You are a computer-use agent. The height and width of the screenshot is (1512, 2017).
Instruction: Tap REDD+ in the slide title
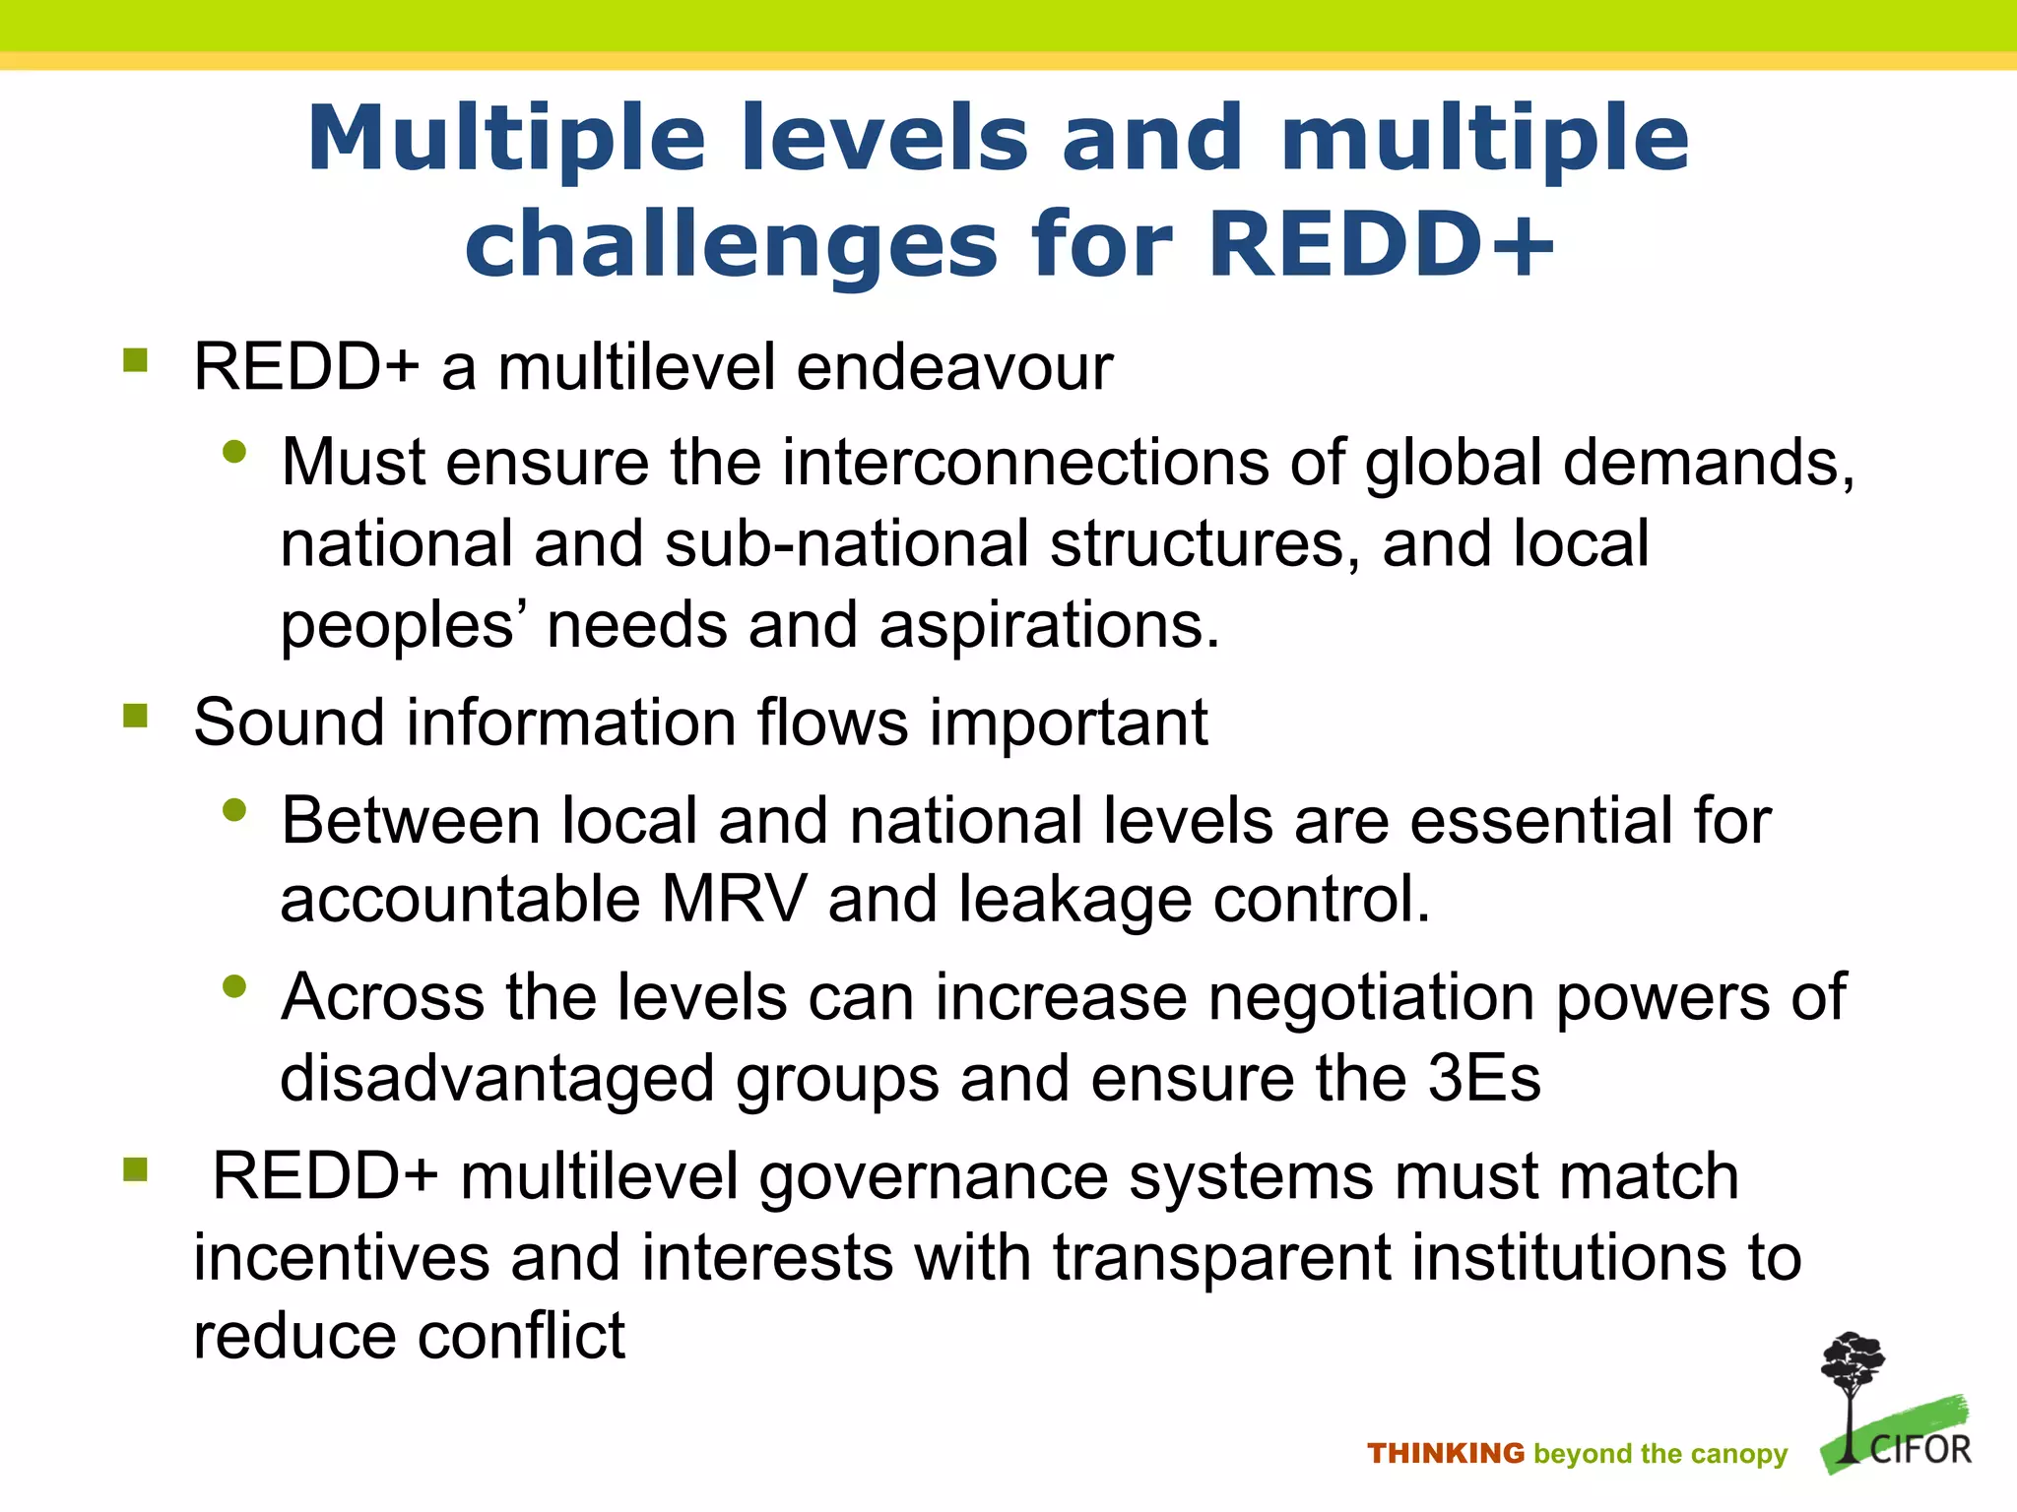pyautogui.click(x=1381, y=244)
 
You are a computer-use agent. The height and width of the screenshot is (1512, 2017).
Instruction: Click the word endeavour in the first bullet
pyautogui.click(x=953, y=367)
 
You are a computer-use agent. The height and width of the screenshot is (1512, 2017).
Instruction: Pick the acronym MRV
pyautogui.click(x=733, y=900)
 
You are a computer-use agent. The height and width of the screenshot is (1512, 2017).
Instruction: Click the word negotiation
pyautogui.click(x=1371, y=998)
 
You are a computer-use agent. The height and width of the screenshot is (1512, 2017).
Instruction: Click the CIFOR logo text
pyautogui.click(x=1919, y=1450)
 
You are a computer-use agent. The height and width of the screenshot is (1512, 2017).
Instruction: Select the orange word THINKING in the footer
pyautogui.click(x=1445, y=1454)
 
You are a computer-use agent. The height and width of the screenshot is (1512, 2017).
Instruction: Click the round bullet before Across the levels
pyautogui.click(x=234, y=986)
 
